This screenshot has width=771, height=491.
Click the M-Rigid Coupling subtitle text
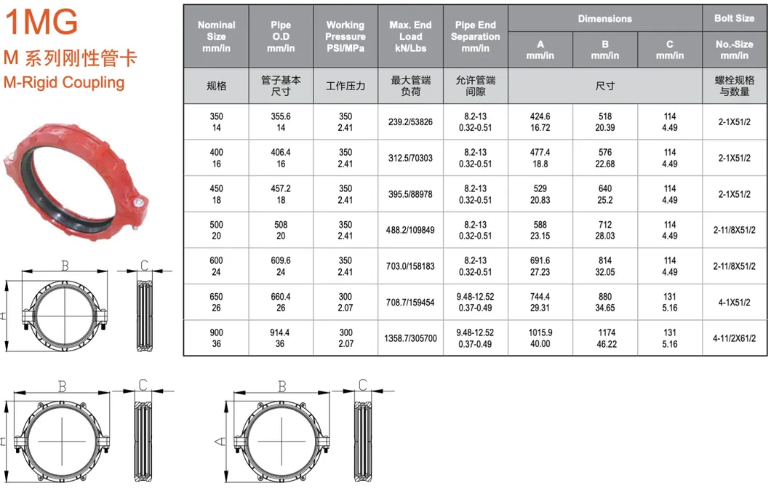pyautogui.click(x=64, y=82)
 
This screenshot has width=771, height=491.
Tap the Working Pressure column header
pyautogui.click(x=345, y=36)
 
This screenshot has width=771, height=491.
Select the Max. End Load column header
pyautogui.click(x=410, y=36)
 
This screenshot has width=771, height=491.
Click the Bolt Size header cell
pyautogui.click(x=734, y=17)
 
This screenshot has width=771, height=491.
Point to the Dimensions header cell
pyautogui.click(x=604, y=18)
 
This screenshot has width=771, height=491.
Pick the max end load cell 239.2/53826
pyautogui.click(x=410, y=122)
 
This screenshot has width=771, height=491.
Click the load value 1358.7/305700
pyautogui.click(x=410, y=338)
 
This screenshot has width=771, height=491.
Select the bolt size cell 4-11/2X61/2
pyautogui.click(x=735, y=338)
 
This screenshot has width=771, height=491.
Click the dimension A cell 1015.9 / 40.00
pyautogui.click(x=540, y=338)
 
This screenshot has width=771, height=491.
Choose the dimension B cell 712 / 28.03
pyautogui.click(x=605, y=230)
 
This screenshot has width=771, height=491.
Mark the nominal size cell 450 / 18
pyautogui.click(x=216, y=194)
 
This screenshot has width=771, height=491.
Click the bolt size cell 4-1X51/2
pyautogui.click(x=735, y=302)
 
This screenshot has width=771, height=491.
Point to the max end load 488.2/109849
pyautogui.click(x=410, y=230)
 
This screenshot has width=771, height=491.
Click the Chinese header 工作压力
pyautogui.click(x=345, y=86)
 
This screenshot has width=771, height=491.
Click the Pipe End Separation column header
pyautogui.click(x=475, y=36)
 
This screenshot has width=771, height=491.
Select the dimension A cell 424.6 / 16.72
pyautogui.click(x=540, y=122)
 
